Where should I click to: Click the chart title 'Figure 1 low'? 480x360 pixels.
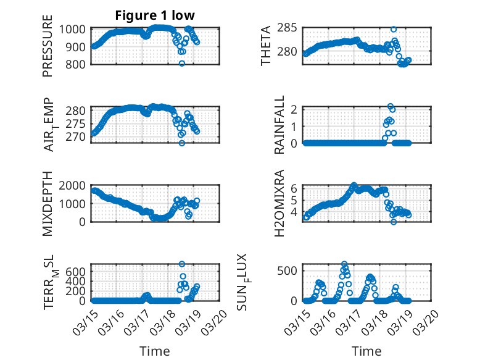click(x=154, y=16)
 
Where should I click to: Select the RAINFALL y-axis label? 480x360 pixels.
click(x=279, y=125)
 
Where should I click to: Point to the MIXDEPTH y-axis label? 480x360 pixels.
click(x=48, y=203)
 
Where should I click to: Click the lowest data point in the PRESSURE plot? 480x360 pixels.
click(x=182, y=64)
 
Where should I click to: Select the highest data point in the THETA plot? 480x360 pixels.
click(x=394, y=29)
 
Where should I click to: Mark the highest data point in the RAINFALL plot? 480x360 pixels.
click(x=390, y=106)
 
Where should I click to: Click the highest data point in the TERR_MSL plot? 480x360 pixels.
click(x=182, y=264)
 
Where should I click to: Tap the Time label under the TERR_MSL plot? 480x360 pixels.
click(x=154, y=351)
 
